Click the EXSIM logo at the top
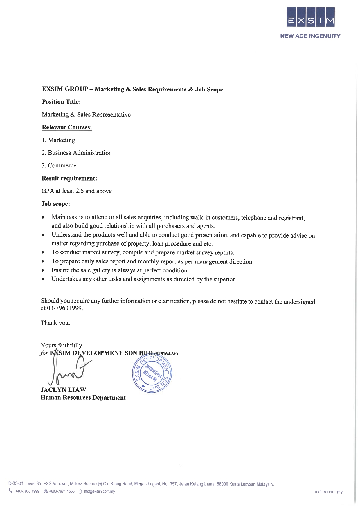click(310, 17)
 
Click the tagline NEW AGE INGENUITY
click(310, 36)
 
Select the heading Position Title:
click(61, 102)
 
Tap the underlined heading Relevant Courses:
click(67, 127)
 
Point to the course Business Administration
click(80, 153)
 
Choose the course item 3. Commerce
click(59, 165)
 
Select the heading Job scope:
click(55, 204)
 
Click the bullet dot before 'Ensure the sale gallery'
click(43, 270)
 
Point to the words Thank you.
click(55, 323)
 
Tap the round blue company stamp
click(152, 373)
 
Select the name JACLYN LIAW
click(63, 390)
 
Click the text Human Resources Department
click(83, 398)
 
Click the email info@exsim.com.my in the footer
click(99, 492)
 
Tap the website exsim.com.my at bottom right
click(328, 492)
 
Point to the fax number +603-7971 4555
click(62, 492)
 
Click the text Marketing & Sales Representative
click(86, 115)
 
